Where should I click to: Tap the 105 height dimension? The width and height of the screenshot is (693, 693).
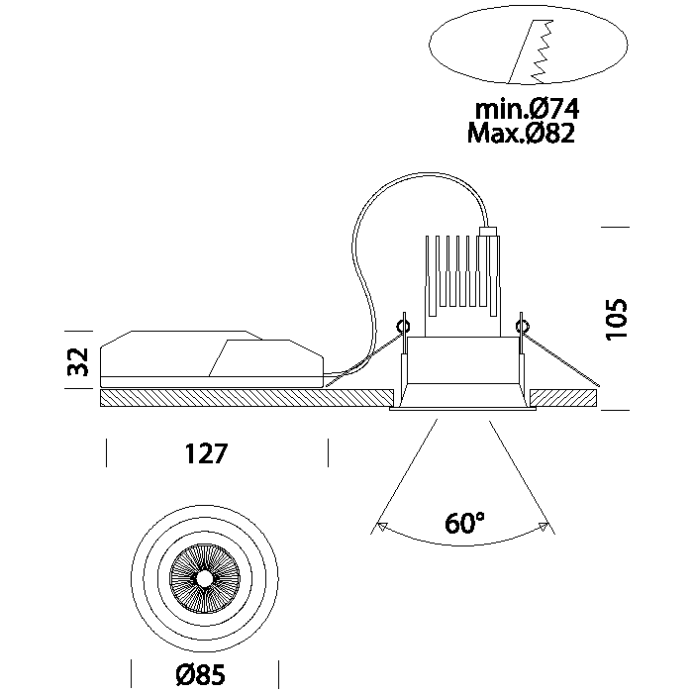coord(618,318)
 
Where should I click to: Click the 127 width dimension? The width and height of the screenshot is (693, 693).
coord(206,454)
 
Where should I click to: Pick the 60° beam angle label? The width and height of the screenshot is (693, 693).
coord(464,524)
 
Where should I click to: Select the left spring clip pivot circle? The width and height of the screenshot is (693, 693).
coord(403,324)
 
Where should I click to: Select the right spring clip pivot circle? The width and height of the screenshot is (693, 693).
coord(524,324)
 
